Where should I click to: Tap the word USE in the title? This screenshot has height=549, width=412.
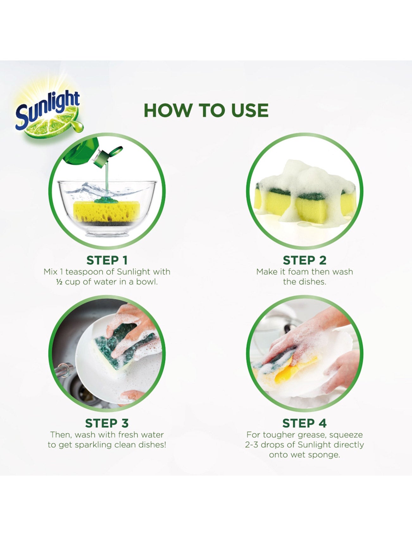(x=250, y=110)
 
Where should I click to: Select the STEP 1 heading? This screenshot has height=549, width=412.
(x=107, y=260)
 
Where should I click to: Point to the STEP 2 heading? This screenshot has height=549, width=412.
(x=304, y=260)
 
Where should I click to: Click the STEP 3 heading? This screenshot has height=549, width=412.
(x=107, y=423)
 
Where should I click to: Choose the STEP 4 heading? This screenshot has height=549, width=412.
(x=304, y=423)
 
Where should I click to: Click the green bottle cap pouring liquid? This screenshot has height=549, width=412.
(x=108, y=157)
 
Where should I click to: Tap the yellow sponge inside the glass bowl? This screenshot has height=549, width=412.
(x=106, y=211)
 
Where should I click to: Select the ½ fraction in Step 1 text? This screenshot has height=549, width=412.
(x=59, y=282)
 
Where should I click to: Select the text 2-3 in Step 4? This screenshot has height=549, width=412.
(x=252, y=445)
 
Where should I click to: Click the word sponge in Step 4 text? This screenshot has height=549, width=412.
(x=324, y=455)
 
